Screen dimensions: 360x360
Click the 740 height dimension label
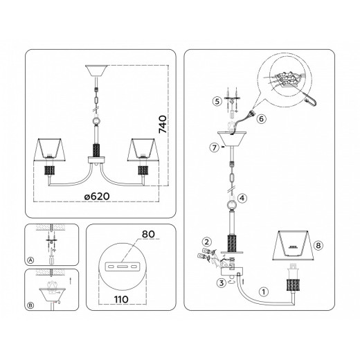coord(163,125)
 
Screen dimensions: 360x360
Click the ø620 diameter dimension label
coord(97,197)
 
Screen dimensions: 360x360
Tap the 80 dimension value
coord(148,234)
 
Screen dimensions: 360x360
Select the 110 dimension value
coord(121,300)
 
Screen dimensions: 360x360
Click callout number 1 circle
coord(264,291)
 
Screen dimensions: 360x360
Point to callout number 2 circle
coord(206,242)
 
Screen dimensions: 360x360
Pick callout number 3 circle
coord(222,282)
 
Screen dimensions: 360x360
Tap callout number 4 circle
coord(242,198)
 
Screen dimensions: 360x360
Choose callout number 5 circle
coord(217,101)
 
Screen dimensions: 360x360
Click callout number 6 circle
coord(261,119)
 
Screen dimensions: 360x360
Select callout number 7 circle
coord(215,147)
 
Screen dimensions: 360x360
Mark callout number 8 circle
coord(318,245)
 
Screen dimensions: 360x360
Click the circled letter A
coord(30,260)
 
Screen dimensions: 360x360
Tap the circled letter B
coord(30,305)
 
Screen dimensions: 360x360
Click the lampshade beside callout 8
coord(293,245)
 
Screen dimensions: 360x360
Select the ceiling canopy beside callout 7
coord(232,138)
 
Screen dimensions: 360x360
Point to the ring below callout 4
coord(232,206)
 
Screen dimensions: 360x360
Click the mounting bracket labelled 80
coord(122,267)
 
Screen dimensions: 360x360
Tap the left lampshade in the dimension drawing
coord(50,150)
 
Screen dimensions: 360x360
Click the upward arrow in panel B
coord(71,281)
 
